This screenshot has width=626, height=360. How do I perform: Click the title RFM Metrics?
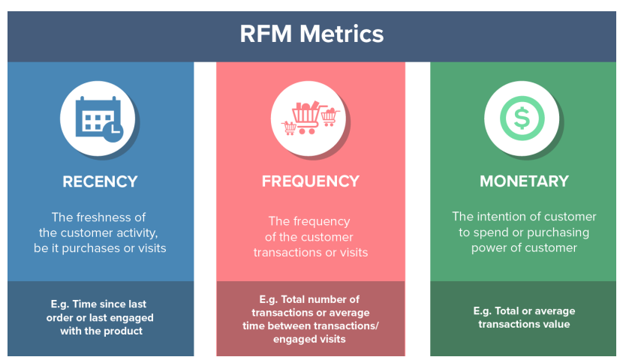(x=311, y=34)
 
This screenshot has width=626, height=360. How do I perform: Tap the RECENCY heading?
(x=101, y=181)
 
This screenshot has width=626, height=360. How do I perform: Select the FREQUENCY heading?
(x=311, y=181)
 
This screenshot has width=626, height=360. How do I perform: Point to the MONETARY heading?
(x=524, y=181)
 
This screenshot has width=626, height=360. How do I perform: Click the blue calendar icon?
(x=99, y=119)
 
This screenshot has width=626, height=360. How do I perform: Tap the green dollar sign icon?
(x=522, y=118)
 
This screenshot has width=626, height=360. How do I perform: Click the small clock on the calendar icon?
(x=113, y=131)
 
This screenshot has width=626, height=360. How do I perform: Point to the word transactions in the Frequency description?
(x=287, y=253)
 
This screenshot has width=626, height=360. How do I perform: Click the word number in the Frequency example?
(x=325, y=299)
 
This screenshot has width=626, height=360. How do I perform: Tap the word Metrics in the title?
(x=342, y=34)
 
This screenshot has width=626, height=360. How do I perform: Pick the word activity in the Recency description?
(x=136, y=232)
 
